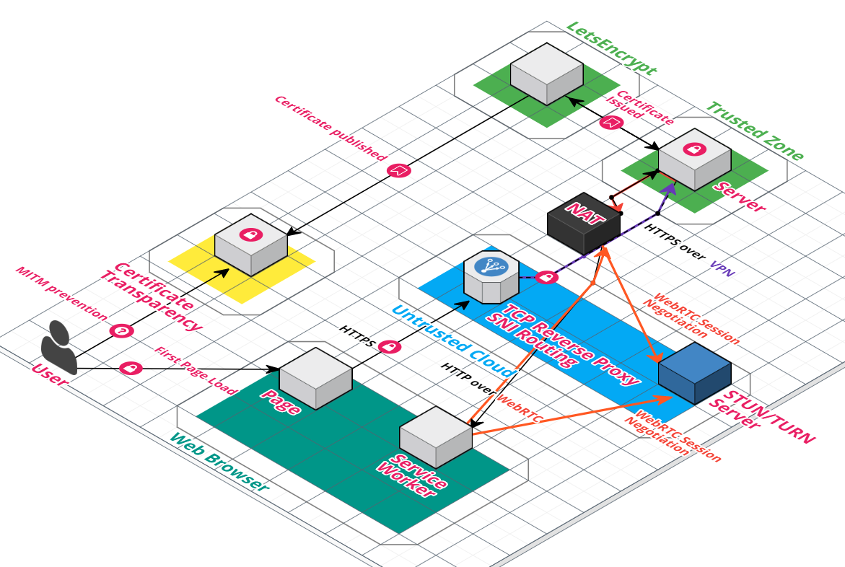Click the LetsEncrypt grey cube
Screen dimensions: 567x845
coord(546,74)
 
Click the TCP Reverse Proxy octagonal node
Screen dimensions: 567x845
coord(491,276)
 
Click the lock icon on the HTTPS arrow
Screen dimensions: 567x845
coord(389,347)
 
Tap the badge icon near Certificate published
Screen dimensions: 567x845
coord(398,170)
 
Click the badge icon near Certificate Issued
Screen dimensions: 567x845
coord(610,122)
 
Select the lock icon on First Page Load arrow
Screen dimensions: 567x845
coord(131,368)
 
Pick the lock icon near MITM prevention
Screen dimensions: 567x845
coord(122,331)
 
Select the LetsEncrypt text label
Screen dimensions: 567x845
coord(611,48)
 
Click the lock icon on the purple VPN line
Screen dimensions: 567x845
coord(547,277)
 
